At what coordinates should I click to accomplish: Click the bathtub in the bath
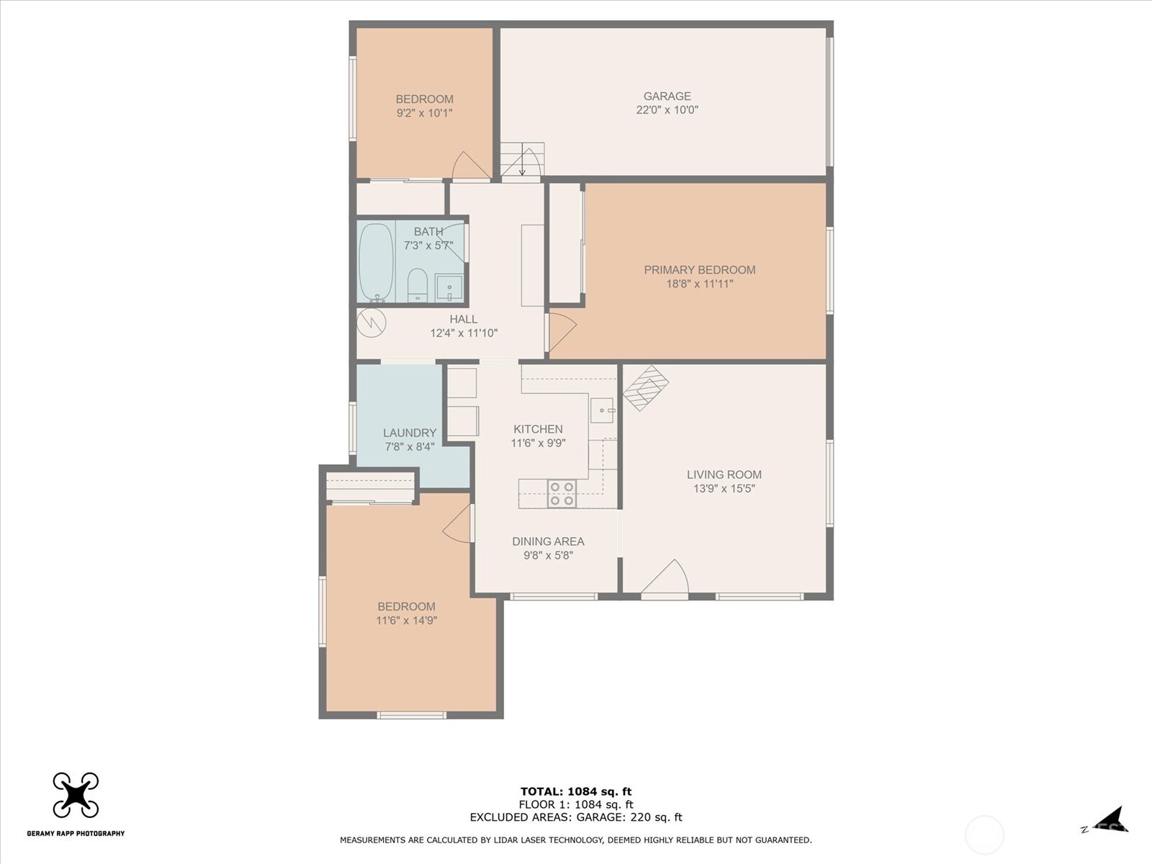pyautogui.click(x=377, y=262)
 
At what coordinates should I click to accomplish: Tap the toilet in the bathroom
pyautogui.click(x=418, y=286)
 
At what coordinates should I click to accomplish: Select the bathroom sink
pyautogui.click(x=449, y=287)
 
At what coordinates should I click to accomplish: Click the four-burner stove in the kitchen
pyautogui.click(x=562, y=494)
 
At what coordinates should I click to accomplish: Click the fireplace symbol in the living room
pyautogui.click(x=646, y=387)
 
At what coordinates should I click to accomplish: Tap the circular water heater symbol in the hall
pyautogui.click(x=372, y=323)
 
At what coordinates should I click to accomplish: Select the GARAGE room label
pyautogui.click(x=667, y=96)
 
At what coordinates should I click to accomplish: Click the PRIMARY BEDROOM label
pyautogui.click(x=700, y=269)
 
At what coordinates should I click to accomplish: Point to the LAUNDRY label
pyautogui.click(x=410, y=433)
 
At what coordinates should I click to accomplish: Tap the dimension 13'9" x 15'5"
pyautogui.click(x=724, y=488)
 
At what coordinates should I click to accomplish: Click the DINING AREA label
pyautogui.click(x=548, y=541)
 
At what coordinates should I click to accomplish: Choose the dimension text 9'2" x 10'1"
pyautogui.click(x=424, y=113)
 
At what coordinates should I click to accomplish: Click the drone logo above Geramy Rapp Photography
pyautogui.click(x=76, y=795)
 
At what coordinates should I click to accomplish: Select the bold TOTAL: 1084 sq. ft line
pyautogui.click(x=576, y=791)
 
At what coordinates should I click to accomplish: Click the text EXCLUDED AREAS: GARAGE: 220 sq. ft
pyautogui.click(x=576, y=816)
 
